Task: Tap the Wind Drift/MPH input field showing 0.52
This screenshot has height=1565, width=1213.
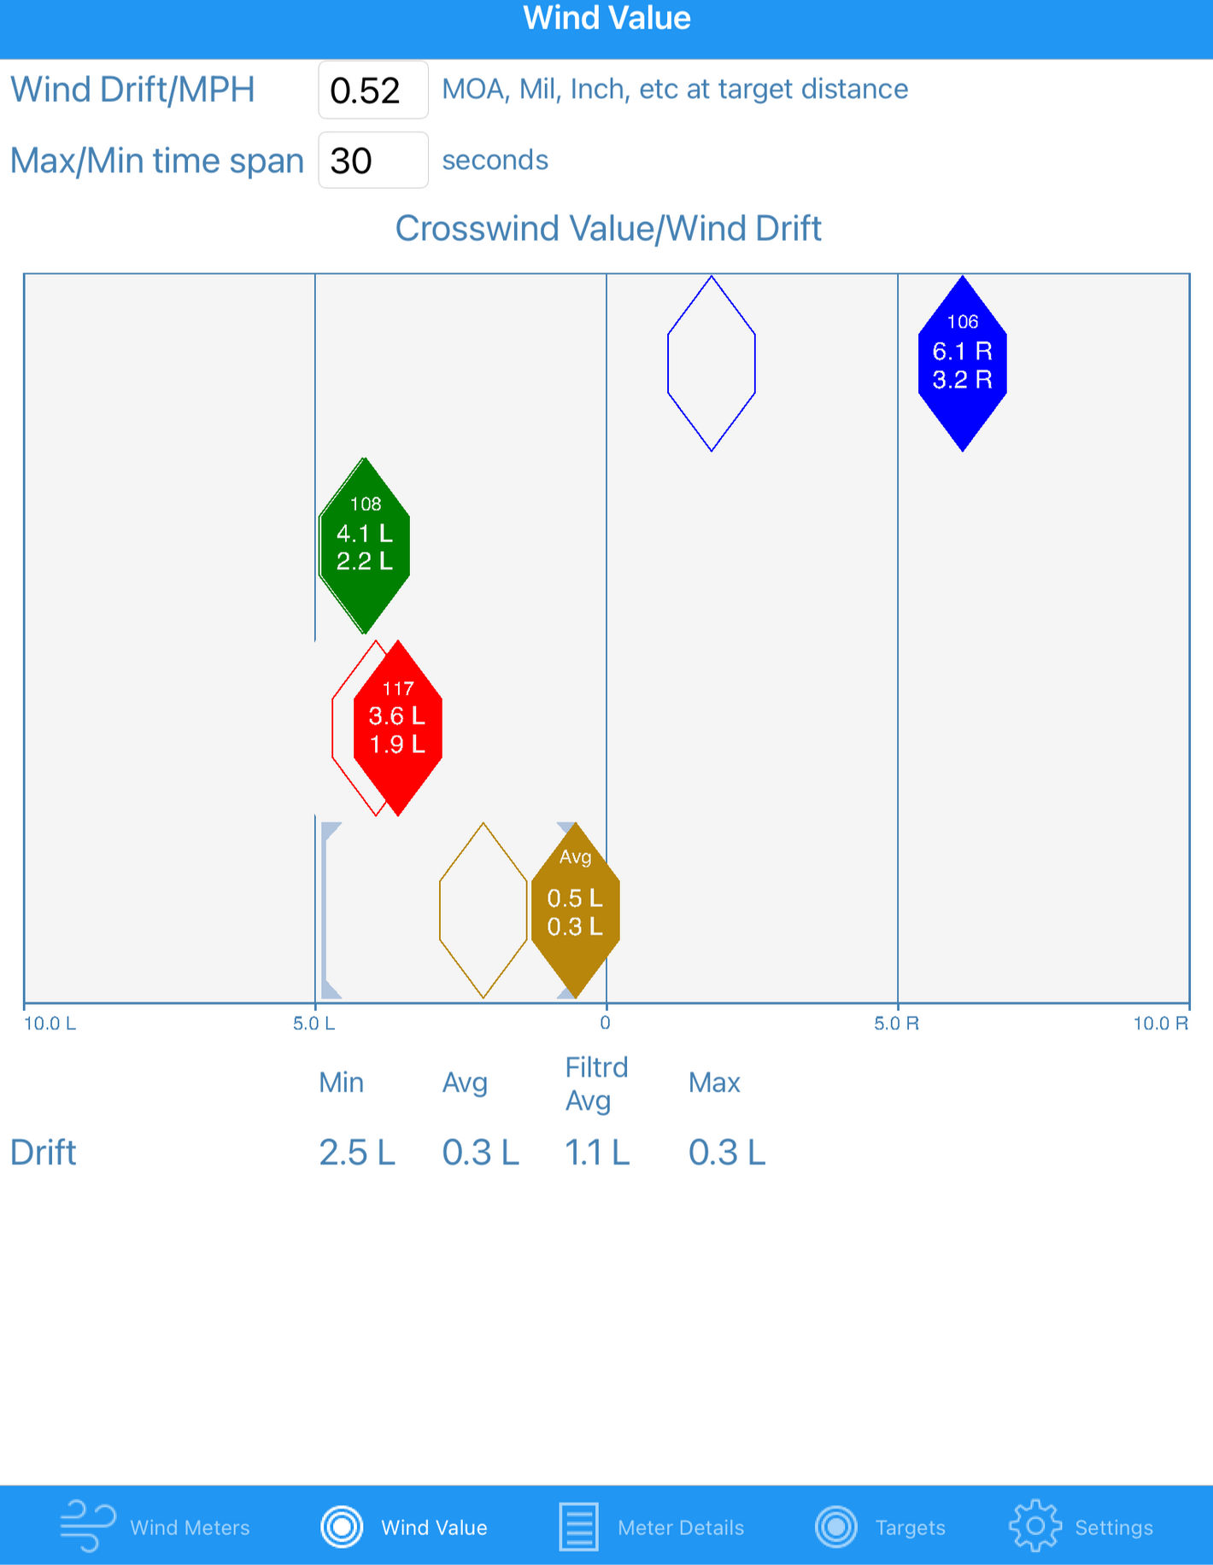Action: (x=372, y=90)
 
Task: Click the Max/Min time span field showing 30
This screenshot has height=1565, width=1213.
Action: (x=372, y=161)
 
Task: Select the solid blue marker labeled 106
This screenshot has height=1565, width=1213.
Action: (x=962, y=364)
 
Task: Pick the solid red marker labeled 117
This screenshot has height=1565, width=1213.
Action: (x=398, y=728)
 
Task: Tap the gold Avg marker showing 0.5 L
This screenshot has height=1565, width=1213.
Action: (x=575, y=910)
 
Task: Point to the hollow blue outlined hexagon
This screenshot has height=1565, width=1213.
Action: (x=711, y=364)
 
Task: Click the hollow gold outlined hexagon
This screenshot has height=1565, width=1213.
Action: (x=483, y=910)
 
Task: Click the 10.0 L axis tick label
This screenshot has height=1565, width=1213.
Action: (x=50, y=1024)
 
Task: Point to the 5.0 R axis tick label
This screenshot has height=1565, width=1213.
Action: (x=896, y=1024)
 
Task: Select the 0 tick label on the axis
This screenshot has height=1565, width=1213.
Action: (x=606, y=1023)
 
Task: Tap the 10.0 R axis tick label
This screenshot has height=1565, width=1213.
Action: (x=1160, y=1024)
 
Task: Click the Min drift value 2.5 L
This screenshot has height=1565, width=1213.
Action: (x=357, y=1153)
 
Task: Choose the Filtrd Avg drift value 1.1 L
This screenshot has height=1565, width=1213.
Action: (x=597, y=1153)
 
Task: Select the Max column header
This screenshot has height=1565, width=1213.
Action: (x=714, y=1083)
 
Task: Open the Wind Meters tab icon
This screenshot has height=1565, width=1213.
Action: (x=88, y=1526)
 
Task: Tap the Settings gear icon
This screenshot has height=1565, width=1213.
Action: (x=1034, y=1526)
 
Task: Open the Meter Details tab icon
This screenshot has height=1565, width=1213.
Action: (x=578, y=1526)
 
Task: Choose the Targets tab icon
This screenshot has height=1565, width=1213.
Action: (x=836, y=1526)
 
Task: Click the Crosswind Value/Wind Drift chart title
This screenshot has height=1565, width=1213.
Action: (x=607, y=229)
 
